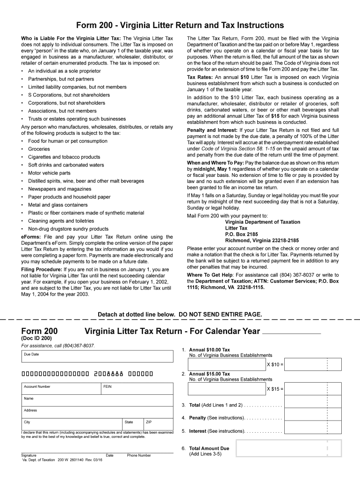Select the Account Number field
(61, 389)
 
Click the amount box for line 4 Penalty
(312, 417)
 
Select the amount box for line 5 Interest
(312, 431)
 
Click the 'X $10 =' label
(275, 364)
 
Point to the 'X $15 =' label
(275, 389)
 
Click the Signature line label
(29, 455)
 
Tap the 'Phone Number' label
(139, 455)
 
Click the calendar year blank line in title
(292, 332)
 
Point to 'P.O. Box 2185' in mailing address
(241, 234)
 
